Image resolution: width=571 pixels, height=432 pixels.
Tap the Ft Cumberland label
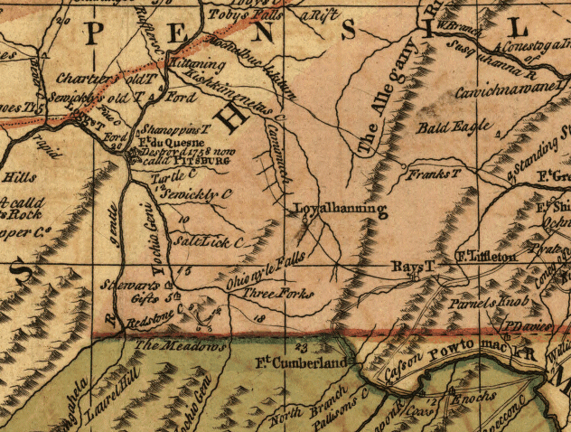[x=302, y=363]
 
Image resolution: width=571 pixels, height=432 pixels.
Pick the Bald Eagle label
[x=443, y=128]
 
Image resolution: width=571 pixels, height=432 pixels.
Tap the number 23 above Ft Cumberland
[x=301, y=346]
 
